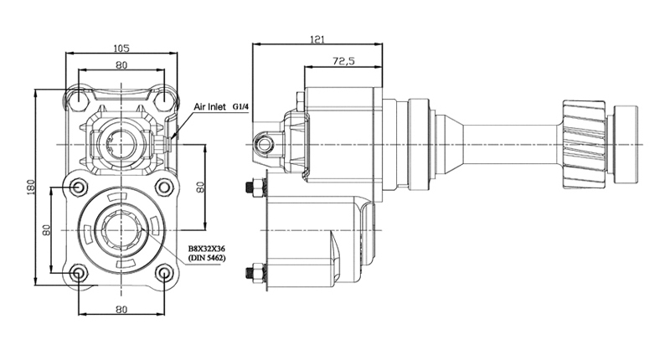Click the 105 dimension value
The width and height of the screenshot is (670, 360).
point(121,49)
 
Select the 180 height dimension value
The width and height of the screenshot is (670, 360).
point(30,186)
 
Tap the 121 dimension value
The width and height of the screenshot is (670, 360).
point(317,39)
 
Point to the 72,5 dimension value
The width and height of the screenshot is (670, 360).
point(343,61)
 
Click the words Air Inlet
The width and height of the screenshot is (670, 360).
point(210,107)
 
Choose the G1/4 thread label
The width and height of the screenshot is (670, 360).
point(240,107)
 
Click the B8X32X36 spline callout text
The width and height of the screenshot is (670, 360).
point(207,249)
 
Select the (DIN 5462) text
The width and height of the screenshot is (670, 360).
point(207,258)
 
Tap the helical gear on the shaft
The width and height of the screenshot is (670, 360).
point(585,144)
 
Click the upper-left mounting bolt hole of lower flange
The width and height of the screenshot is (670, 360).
point(78,187)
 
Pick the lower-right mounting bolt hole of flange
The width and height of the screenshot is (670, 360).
point(164,273)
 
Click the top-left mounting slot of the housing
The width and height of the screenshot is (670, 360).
point(79,97)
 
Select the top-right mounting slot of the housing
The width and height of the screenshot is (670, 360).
point(164,97)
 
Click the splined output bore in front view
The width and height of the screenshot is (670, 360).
point(121,230)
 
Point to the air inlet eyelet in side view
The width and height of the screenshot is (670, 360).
point(265,145)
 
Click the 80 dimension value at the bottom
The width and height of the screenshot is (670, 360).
point(121,309)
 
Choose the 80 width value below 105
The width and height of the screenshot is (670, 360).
point(121,65)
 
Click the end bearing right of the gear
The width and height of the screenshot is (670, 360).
point(625,144)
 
